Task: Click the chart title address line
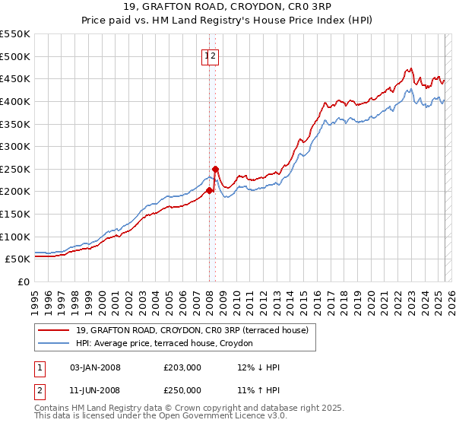tap(227, 8)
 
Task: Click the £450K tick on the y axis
tap(15, 78)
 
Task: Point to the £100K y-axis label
tap(15, 237)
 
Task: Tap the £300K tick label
tap(15, 146)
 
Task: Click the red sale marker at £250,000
tap(215, 169)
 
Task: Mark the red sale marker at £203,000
tap(209, 190)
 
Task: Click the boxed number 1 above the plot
tap(207, 56)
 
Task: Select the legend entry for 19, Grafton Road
tap(192, 330)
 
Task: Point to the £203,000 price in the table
tap(182, 367)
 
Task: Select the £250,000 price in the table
tap(182, 389)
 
